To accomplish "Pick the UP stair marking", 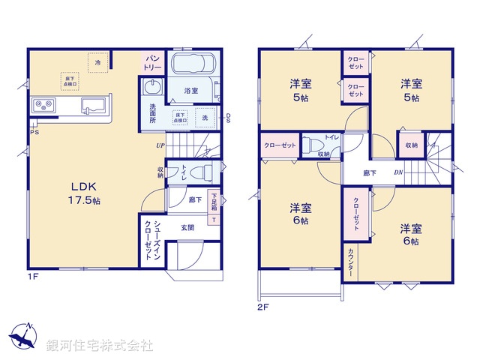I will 160,145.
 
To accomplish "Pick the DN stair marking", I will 400,173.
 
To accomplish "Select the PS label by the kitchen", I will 34,133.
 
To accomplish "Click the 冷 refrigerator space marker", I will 97,62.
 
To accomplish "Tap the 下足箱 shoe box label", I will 214,202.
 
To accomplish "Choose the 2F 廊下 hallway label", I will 369,173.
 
